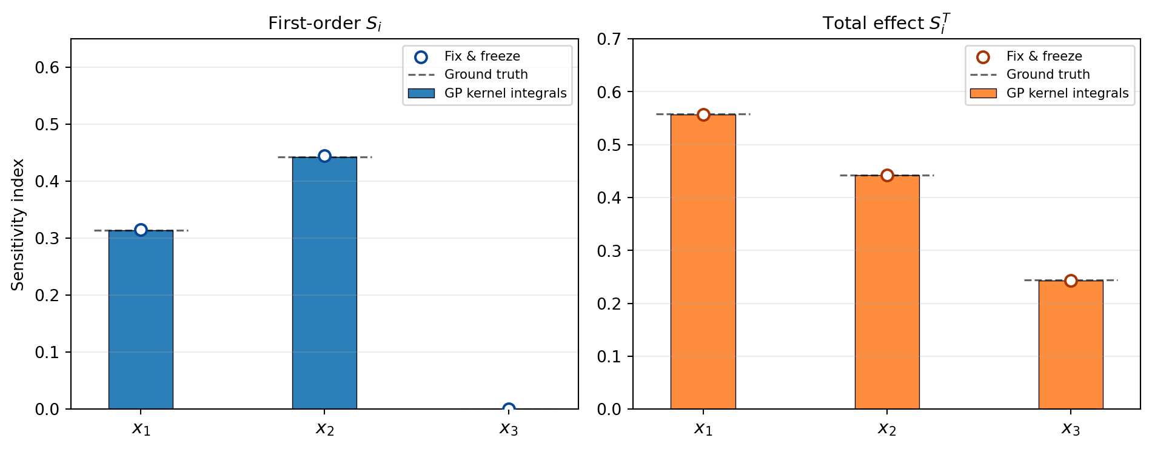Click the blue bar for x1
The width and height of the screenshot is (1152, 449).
tap(141, 319)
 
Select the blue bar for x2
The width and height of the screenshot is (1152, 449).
tap(324, 283)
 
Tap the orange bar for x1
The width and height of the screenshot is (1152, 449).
tap(703, 261)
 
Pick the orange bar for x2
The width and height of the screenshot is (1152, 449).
tap(886, 292)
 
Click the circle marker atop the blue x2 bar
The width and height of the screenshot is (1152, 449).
tap(324, 156)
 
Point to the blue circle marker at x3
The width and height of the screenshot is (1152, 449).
tap(509, 409)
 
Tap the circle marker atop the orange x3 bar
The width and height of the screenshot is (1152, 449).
tap(1071, 281)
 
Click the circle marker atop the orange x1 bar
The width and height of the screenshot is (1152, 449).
tap(703, 115)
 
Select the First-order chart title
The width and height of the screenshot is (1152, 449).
tap(324, 24)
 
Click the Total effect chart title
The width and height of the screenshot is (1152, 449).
tap(886, 24)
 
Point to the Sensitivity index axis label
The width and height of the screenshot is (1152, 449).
tap(18, 224)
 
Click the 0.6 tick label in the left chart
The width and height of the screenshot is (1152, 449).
tap(47, 67)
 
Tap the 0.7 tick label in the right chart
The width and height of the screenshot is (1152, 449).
tap(609, 39)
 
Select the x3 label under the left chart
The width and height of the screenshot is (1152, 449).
tap(508, 429)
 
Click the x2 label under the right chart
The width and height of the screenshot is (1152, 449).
tap(886, 429)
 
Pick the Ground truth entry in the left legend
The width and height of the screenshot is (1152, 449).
tap(486, 75)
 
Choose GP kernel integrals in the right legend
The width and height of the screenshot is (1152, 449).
tap(1067, 93)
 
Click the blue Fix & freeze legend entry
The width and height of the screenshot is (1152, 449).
tap(482, 56)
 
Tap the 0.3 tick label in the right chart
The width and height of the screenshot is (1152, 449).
tap(609, 251)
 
